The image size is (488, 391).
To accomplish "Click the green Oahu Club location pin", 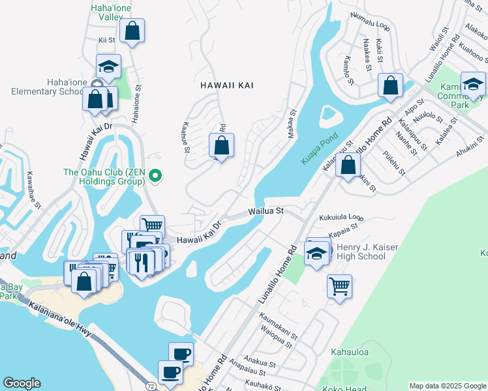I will (155, 175).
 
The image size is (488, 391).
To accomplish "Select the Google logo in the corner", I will (22, 383).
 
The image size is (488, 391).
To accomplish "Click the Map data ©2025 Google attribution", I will (447, 386).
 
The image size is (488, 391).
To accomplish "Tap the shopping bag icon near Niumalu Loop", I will (389, 85).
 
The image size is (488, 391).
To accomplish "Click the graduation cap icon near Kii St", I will (109, 66).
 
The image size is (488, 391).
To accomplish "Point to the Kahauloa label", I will (350, 353).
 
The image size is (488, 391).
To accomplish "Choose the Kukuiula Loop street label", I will (341, 217).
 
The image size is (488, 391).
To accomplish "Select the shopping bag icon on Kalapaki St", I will (348, 165).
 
